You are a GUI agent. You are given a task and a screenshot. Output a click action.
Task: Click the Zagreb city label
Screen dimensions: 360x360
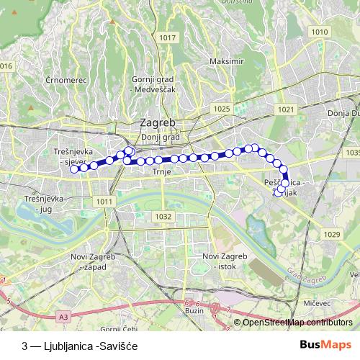tap(160, 123)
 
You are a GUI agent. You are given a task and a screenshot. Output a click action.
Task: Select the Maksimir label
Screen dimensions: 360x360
tap(223, 61)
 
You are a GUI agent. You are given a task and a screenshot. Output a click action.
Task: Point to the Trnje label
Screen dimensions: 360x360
tap(160, 172)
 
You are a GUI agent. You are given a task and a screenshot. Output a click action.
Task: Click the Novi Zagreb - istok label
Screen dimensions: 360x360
tap(224, 261)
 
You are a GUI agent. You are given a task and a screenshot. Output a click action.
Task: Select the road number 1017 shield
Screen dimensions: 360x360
tap(168, 37)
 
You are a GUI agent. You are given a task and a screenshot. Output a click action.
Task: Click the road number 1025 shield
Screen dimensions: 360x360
tap(222, 109)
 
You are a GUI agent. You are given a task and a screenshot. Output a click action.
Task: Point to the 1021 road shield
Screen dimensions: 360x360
tap(286, 109)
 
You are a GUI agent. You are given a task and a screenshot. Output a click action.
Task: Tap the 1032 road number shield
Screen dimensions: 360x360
tap(163, 216)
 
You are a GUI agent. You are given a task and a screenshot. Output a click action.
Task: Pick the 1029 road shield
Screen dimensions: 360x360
tap(331, 235)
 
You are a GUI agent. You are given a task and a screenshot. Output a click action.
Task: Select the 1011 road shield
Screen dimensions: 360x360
tap(104, 202)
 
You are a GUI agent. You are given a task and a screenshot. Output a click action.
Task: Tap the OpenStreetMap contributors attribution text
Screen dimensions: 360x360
tap(297, 323)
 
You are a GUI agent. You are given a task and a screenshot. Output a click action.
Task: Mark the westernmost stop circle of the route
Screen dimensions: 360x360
tap(74, 168)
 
